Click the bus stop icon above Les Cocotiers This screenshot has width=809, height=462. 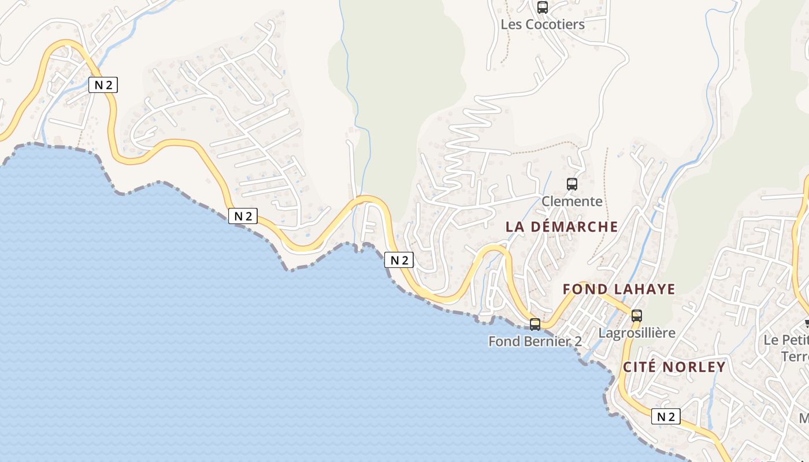[x=542, y=8]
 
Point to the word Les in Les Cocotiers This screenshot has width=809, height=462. [x=511, y=25]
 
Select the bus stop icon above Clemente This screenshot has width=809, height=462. [x=572, y=184]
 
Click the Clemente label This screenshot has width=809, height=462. [x=572, y=202]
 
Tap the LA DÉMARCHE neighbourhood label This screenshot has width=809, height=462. [x=562, y=227]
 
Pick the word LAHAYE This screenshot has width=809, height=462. [x=644, y=289]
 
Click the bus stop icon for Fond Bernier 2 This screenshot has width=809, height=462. [x=535, y=325]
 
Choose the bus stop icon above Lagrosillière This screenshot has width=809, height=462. [x=636, y=316]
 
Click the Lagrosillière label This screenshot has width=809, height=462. [x=637, y=333]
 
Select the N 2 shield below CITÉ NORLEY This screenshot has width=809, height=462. [x=666, y=416]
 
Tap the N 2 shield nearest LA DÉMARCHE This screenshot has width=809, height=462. [x=399, y=260]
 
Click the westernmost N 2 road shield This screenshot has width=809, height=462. [x=103, y=85]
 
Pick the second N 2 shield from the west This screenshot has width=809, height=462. [x=243, y=216]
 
